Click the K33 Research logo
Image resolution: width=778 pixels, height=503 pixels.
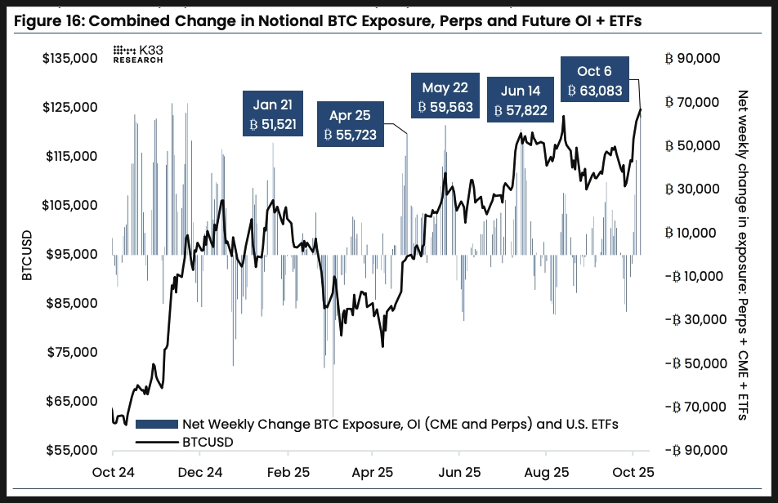(138, 54)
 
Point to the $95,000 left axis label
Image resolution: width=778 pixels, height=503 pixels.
(70, 255)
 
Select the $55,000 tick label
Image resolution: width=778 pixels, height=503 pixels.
(70, 451)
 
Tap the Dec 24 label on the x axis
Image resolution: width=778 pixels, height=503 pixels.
(200, 472)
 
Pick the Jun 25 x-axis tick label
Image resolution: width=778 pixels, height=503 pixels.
(461, 472)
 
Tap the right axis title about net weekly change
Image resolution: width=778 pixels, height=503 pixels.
(742, 255)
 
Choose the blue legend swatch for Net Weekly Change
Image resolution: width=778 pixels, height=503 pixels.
(156, 424)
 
